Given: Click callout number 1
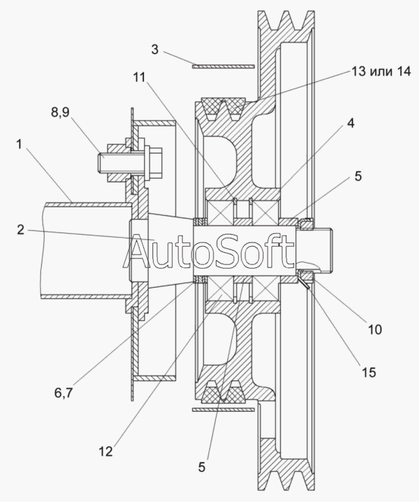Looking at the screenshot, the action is tap(19, 145).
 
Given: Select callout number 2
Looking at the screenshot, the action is tap(20, 230).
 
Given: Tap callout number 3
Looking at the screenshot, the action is tap(155, 49).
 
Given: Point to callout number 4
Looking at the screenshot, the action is tap(351, 123).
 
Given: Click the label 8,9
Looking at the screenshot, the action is tap(60, 112).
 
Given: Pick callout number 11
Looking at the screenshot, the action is tap(139, 77).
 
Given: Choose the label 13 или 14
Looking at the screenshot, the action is tap(381, 71).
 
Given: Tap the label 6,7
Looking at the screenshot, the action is tap(64, 393).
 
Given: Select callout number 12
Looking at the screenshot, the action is tap(106, 451).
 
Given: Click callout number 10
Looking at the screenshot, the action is tap(375, 329).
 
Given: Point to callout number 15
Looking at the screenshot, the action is tap(369, 373).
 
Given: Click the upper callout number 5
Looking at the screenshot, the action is tap(358, 176).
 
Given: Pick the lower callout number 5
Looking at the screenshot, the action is tap(202, 467).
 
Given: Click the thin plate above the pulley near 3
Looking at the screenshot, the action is tap(224, 67).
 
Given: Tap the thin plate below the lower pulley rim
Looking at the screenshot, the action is tap(224, 410).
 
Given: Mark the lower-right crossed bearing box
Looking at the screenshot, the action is tap(265, 286).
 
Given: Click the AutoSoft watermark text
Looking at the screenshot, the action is tap(208, 251).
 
